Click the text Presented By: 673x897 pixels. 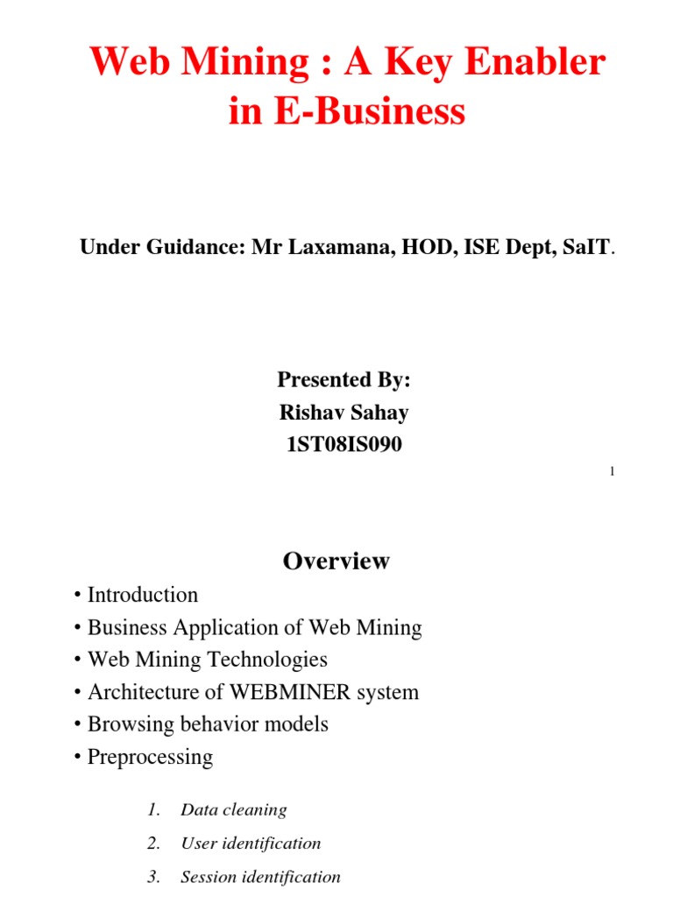coord(344,379)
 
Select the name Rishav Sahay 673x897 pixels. coord(344,412)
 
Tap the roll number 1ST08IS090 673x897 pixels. coord(344,444)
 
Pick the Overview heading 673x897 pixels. coord(336,562)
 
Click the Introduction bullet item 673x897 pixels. coord(143,595)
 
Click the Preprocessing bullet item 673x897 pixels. coord(150,757)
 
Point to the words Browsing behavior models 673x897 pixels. coord(208,724)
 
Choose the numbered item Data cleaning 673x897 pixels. coord(233,810)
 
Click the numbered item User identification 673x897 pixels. coord(251,844)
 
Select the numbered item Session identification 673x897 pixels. coord(260,876)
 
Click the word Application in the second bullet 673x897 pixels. coord(243,627)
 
